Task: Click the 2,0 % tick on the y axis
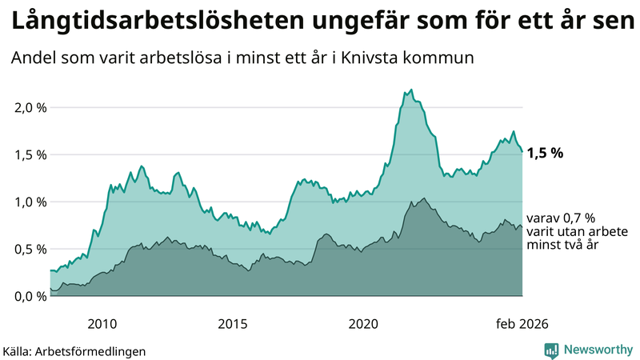point(29,107)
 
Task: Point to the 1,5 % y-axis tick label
point(29,154)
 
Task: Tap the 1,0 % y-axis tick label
point(29,202)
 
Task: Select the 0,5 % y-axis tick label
point(29,249)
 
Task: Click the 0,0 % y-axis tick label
point(29,296)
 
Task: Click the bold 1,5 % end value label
point(545,153)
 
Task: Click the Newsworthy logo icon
point(551,350)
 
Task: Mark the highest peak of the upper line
point(411,90)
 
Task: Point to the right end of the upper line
point(522,151)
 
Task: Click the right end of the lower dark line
point(522,227)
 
